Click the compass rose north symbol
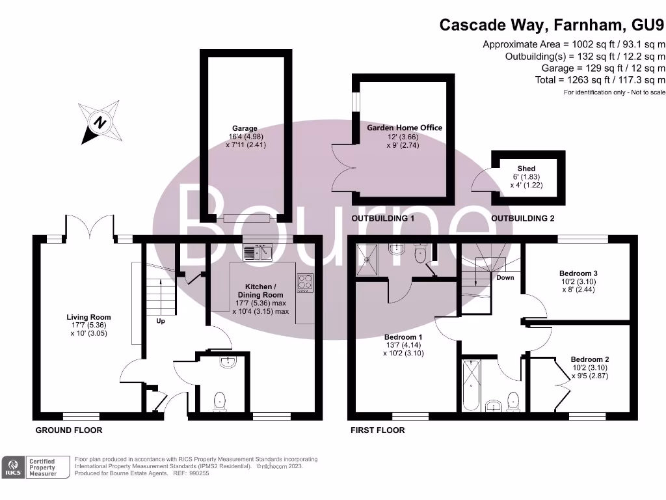coord(100,122)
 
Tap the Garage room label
coord(245,128)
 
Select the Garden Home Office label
coord(405,128)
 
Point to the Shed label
coord(526,169)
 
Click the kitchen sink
coord(258,252)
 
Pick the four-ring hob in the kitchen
coord(305,283)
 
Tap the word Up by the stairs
coord(161,321)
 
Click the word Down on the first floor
coord(505,277)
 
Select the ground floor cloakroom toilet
coord(220,402)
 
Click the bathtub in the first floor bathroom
coord(471,385)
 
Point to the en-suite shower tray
coord(367,260)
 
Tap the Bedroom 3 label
coord(578,273)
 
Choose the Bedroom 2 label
coord(589,359)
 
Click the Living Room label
coord(88,317)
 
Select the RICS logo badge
coord(13,467)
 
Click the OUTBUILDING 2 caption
coord(522,219)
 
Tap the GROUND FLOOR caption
coord(69,430)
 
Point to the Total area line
coord(600,80)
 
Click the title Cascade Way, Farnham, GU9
coord(552,25)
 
